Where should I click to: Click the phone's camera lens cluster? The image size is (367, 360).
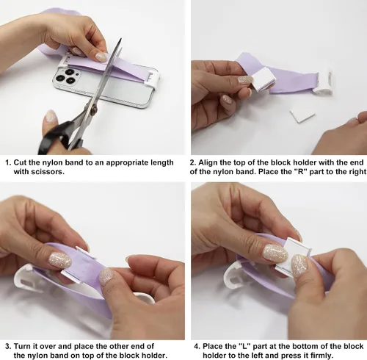tap(65, 76)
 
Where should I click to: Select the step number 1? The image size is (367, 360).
tap(8, 162)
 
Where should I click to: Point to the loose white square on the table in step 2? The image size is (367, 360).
tap(302, 115)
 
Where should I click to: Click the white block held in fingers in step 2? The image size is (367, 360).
tap(264, 79)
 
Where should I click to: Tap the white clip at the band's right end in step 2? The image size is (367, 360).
tap(324, 82)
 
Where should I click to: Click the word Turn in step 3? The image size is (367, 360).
tap(22, 346)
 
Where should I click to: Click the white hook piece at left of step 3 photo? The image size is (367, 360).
tap(24, 279)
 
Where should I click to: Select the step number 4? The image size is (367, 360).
tap(197, 346)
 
